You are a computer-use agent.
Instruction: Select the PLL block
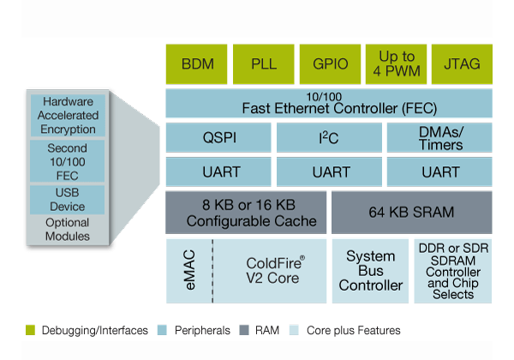point(263,63)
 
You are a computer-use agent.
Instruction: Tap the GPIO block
point(329,63)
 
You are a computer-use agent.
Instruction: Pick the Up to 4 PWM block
point(396,63)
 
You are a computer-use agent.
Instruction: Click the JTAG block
point(463,63)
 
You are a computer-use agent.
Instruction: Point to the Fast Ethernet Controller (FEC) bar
point(329,103)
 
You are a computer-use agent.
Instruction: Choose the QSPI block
point(218,138)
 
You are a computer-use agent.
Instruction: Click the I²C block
point(329,138)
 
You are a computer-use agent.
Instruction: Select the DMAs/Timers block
point(440,138)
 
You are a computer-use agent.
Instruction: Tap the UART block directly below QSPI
point(218,171)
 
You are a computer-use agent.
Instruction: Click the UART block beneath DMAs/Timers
point(440,171)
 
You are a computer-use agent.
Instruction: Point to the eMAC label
point(188,271)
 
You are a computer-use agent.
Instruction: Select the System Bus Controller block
point(371,271)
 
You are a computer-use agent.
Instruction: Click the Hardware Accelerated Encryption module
point(68,116)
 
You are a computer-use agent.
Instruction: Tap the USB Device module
point(68,200)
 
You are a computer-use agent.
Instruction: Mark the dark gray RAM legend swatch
point(246,330)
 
